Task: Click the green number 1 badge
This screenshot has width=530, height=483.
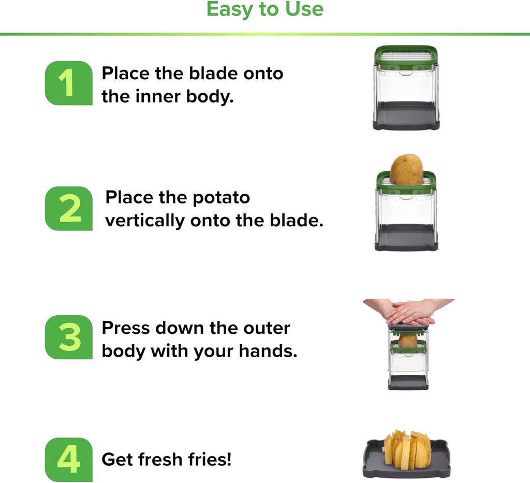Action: tap(68, 83)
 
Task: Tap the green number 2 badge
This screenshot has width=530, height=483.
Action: tap(68, 209)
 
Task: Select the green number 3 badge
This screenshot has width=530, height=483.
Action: tap(68, 338)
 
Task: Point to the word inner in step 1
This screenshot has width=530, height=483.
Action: tap(151, 96)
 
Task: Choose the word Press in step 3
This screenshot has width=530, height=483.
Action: tap(125, 328)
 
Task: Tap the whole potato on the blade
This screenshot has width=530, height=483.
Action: tap(406, 170)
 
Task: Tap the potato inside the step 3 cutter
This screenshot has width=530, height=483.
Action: tap(408, 341)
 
